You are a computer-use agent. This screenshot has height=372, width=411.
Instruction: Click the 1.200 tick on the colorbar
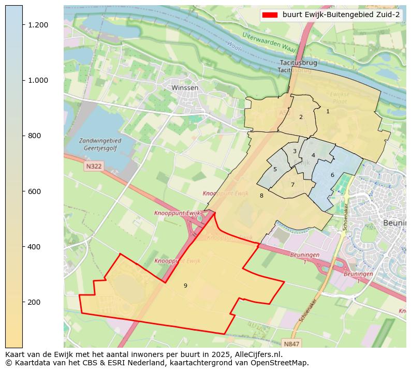pyautogui.click(x=24, y=25)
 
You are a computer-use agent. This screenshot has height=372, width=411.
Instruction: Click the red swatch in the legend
pyautogui.click(x=270, y=14)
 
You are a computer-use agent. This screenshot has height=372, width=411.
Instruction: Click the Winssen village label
pyautogui.click(x=185, y=88)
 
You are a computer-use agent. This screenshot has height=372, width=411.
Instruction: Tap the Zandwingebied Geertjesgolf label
pyautogui.click(x=100, y=144)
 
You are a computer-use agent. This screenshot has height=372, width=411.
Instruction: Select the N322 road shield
pyautogui.click(x=93, y=166)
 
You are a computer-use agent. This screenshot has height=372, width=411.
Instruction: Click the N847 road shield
pyautogui.click(x=292, y=344)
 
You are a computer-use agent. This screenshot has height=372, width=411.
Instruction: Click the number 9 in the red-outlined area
pyautogui.click(x=185, y=286)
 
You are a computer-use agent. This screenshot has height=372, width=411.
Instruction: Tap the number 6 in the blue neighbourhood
pyautogui.click(x=332, y=175)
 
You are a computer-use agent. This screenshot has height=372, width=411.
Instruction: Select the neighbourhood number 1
pyautogui.click(x=328, y=111)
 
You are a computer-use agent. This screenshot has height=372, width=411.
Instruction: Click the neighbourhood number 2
pyautogui.click(x=301, y=117)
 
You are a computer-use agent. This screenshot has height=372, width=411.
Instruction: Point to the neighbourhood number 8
pyautogui.click(x=261, y=196)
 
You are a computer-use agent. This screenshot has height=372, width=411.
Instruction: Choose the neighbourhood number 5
pyautogui.click(x=275, y=169)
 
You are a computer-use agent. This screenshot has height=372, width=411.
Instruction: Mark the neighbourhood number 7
pyautogui.click(x=292, y=185)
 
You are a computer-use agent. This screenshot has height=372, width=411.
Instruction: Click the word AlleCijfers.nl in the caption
pyautogui.click(x=257, y=354)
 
